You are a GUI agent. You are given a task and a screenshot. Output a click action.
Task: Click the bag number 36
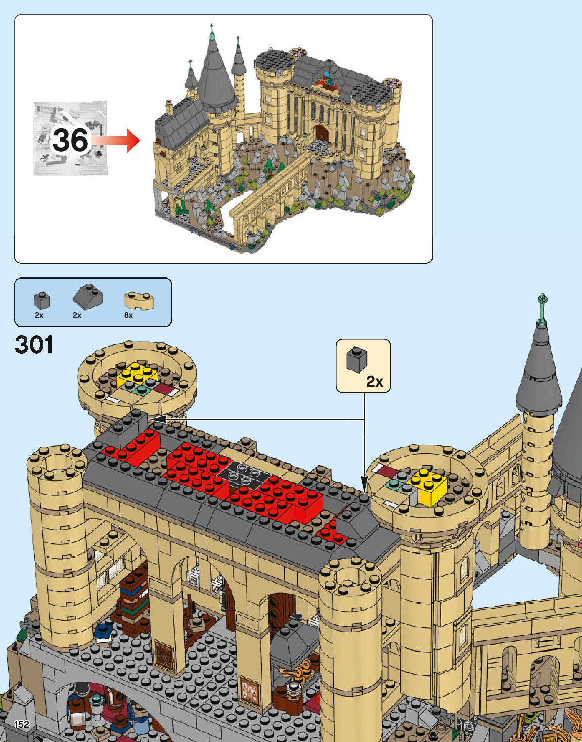(71, 140)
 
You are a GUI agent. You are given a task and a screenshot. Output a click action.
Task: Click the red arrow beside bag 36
(118, 141)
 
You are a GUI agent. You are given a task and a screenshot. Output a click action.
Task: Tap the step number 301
(34, 345)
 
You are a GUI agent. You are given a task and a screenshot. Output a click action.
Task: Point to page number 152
(22, 724)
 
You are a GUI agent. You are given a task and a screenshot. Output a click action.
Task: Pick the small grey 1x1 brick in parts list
(42, 300)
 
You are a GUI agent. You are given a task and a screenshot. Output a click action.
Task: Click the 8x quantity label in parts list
(128, 315)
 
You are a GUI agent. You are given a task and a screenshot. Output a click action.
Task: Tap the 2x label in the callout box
(375, 382)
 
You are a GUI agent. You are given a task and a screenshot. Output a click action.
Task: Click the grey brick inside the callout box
(356, 359)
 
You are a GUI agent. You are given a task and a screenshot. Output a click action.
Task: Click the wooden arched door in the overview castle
(322, 134)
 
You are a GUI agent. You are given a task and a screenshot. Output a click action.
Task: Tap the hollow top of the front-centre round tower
(350, 576)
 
